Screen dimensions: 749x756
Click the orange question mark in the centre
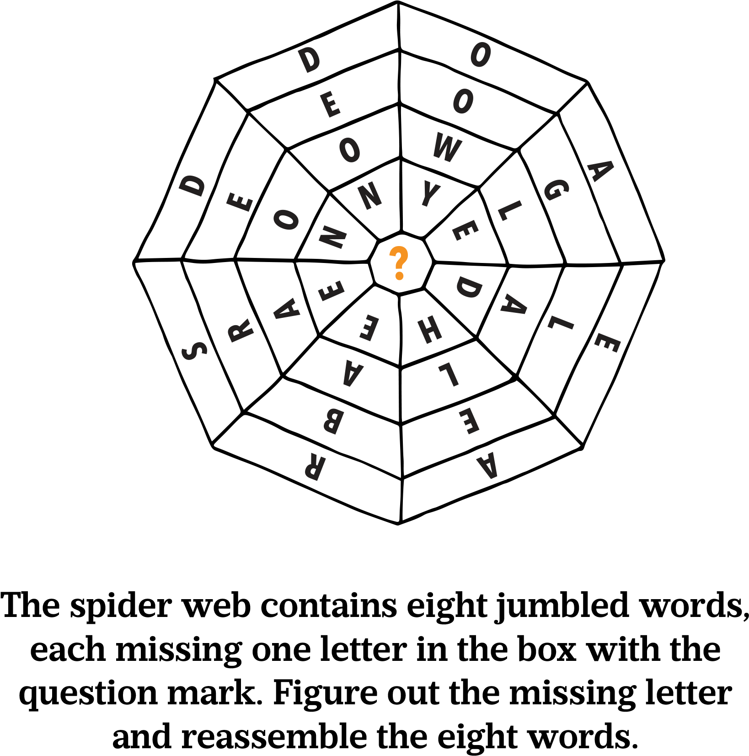point(399,263)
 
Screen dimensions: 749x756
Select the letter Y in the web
point(430,193)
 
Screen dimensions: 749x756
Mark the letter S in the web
point(194,351)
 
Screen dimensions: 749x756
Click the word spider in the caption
point(121,606)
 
